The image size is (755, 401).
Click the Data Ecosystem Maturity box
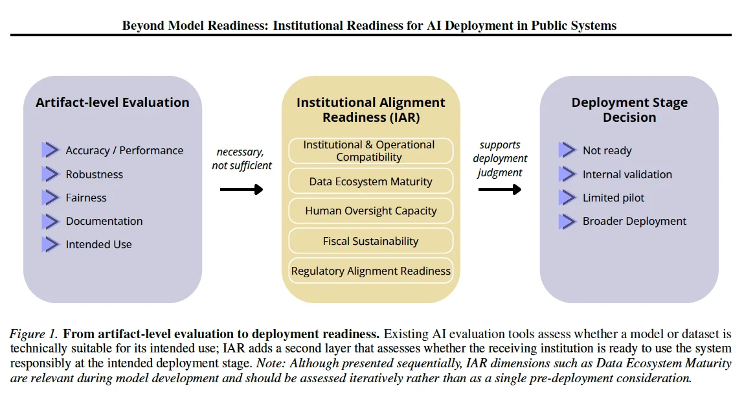[371, 181]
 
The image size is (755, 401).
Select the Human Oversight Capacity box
[371, 211]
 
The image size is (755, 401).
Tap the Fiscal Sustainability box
[371, 241]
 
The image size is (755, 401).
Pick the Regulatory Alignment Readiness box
[371, 271]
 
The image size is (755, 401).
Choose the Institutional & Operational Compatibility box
[371, 151]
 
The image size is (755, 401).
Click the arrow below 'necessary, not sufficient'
[242, 189]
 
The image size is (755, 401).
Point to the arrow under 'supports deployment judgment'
[500, 189]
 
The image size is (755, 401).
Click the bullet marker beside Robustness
[51, 174]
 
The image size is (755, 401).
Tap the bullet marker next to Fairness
[51, 198]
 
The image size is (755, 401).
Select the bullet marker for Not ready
[568, 150]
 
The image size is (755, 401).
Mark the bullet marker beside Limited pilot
[568, 198]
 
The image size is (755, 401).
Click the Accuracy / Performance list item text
[125, 150]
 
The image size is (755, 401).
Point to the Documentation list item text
[104, 221]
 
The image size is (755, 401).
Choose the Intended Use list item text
[98, 244]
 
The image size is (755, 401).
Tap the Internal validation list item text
[627, 174]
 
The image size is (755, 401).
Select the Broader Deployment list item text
[635, 221]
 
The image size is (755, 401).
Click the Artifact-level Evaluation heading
[113, 102]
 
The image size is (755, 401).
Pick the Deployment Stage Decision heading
[629, 110]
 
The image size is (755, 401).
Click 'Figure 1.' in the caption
[34, 334]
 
